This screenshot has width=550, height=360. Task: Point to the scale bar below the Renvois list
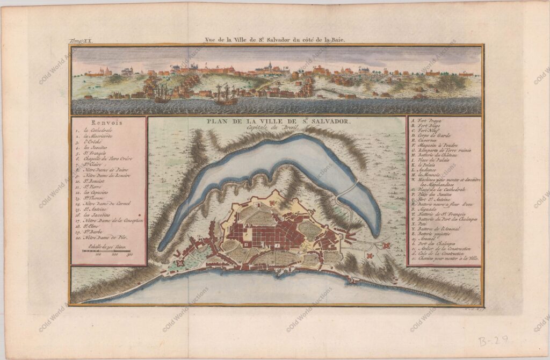point(107,251)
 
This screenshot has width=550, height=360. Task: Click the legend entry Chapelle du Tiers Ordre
point(108,159)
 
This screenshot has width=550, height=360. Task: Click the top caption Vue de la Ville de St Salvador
point(276,39)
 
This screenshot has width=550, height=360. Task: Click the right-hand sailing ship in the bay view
point(226,95)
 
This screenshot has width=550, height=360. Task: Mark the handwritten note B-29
point(493,340)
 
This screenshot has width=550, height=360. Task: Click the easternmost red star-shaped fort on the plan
point(385,245)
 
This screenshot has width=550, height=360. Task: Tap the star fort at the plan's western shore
point(180,262)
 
